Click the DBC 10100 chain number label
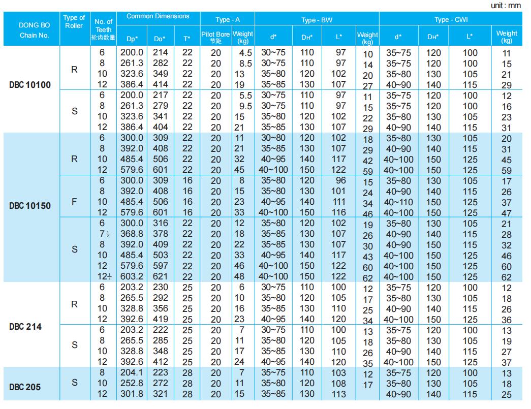point(30,85)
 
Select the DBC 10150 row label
point(30,206)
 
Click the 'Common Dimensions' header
point(158,16)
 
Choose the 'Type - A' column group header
point(228,20)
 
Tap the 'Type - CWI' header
point(451,20)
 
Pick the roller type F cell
point(74,202)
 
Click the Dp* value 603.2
point(131,277)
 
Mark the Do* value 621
point(161,277)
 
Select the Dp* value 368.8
point(131,234)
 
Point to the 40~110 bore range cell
point(398,202)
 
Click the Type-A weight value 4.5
point(245,53)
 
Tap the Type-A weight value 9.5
point(245,106)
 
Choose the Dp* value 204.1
point(131,372)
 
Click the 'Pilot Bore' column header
point(216,37)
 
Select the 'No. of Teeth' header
point(104,30)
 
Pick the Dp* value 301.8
point(131,394)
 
